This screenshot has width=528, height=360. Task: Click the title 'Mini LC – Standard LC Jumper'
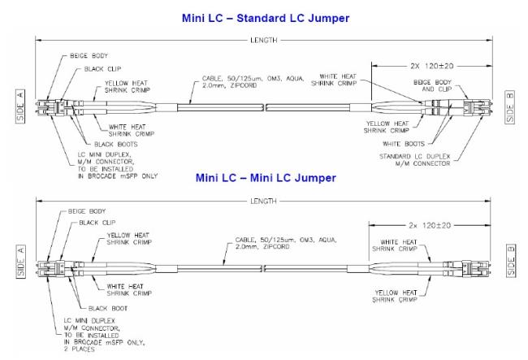263,16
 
